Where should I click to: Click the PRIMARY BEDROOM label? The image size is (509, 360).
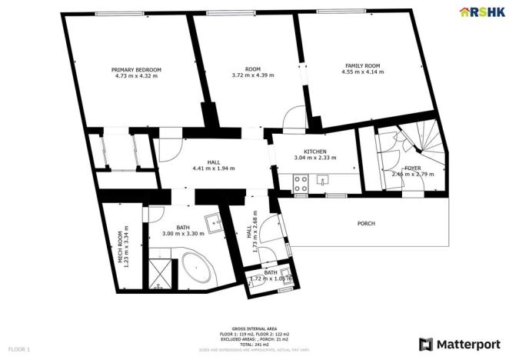tap(137, 69)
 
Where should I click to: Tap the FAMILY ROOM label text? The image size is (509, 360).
tap(361, 65)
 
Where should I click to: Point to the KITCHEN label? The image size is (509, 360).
tap(315, 152)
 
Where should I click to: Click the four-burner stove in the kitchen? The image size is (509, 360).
tap(301, 182)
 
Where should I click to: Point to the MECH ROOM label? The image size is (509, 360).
tap(120, 248)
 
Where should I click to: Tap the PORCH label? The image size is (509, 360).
tap(366, 224)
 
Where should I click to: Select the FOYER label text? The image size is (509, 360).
tap(412, 167)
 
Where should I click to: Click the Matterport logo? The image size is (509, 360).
tap(458, 343)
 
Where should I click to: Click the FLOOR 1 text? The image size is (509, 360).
tap(18, 349)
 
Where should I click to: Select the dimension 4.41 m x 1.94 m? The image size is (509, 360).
tap(214, 168)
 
